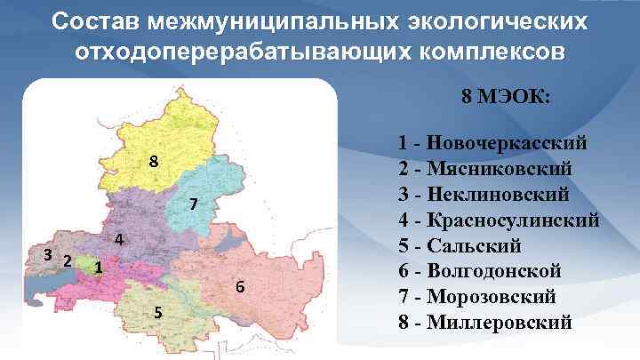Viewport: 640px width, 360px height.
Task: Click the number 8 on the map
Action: pyautogui.click(x=154, y=163)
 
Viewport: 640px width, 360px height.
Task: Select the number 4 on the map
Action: pyautogui.click(x=117, y=240)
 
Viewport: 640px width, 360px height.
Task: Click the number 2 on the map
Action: pyautogui.click(x=67, y=259)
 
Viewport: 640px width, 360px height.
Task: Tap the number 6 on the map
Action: pyautogui.click(x=239, y=287)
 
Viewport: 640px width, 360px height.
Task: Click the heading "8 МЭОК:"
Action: pyautogui.click(x=506, y=96)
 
